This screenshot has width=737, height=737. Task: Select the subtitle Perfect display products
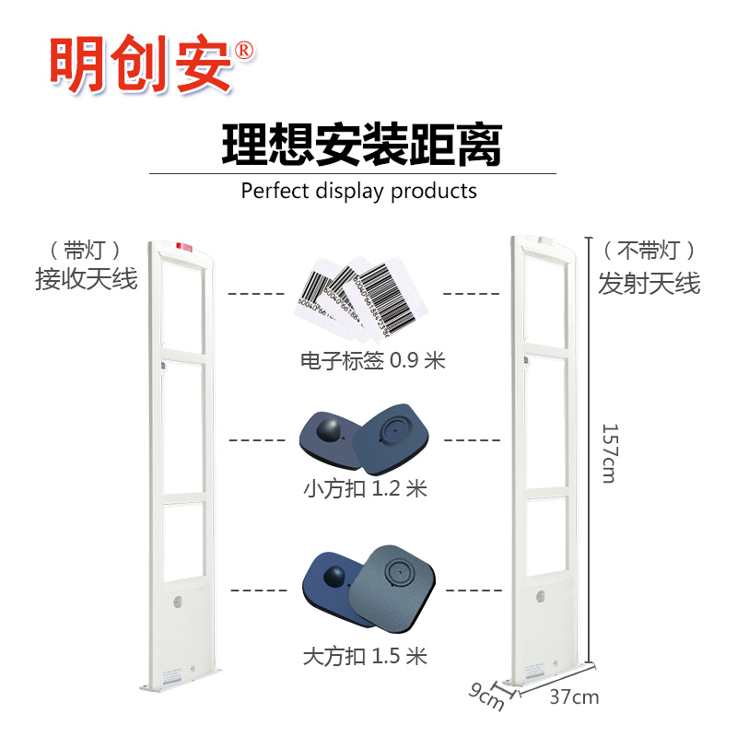pyautogui.click(x=358, y=191)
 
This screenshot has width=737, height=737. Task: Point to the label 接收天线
pyautogui.click(x=87, y=278)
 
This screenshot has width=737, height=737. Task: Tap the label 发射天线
pyautogui.click(x=649, y=283)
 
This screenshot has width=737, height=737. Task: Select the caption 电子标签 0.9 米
pyautogui.click(x=372, y=360)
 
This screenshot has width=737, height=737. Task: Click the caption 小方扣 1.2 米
pyautogui.click(x=365, y=488)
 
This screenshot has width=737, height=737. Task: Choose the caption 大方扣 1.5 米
pyautogui.click(x=365, y=657)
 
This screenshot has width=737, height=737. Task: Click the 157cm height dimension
pyautogui.click(x=609, y=451)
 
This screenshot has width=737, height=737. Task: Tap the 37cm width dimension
pyautogui.click(x=573, y=697)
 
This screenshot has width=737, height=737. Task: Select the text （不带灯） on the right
pyautogui.click(x=649, y=250)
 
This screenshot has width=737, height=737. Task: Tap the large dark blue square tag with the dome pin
pyautogui.click(x=335, y=587)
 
